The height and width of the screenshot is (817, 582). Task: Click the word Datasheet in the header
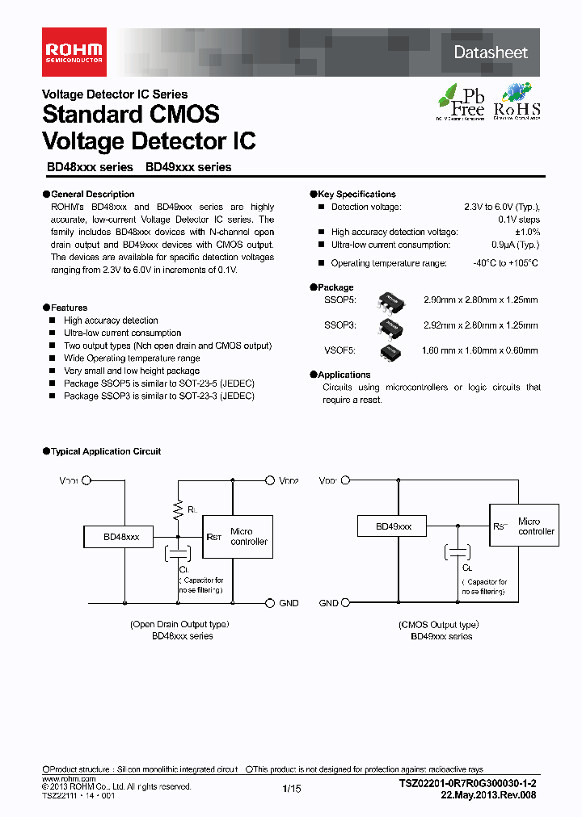(491, 52)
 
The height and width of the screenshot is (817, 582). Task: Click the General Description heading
(92, 195)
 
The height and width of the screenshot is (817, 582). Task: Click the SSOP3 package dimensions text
(480, 326)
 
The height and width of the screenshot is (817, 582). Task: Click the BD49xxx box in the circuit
(394, 526)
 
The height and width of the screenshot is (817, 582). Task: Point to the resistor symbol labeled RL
(178, 509)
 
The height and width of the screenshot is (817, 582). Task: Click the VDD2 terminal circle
(270, 480)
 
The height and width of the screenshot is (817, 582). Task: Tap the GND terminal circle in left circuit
(270, 603)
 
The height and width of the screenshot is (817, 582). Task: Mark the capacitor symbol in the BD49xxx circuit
(458, 553)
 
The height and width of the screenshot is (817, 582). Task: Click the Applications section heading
(344, 375)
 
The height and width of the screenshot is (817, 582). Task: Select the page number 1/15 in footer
(292, 789)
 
